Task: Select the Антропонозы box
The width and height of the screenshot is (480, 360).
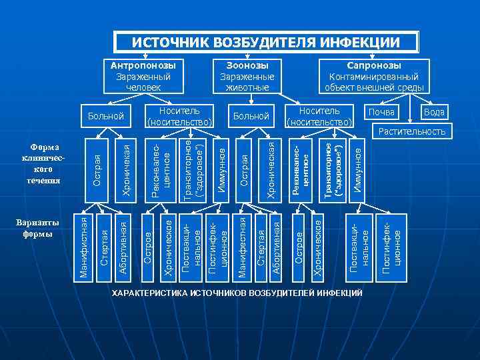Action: click(x=143, y=77)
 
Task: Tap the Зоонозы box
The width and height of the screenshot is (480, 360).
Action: click(x=247, y=77)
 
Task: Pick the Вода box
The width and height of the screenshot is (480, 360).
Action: click(x=433, y=112)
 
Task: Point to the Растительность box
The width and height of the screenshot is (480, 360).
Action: click(x=411, y=131)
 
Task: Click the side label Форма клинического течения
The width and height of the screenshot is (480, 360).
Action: click(x=45, y=163)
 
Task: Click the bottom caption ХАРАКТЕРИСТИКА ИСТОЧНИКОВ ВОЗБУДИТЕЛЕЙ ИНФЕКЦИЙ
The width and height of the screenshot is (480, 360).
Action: click(x=237, y=294)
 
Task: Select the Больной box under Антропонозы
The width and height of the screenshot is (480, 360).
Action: click(x=107, y=117)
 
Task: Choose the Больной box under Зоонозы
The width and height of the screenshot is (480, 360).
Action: click(x=251, y=117)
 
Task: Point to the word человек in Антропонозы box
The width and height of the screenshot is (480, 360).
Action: click(x=143, y=87)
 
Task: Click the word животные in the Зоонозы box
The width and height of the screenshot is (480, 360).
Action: click(x=247, y=87)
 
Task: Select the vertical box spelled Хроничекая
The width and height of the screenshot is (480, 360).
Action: click(x=127, y=167)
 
